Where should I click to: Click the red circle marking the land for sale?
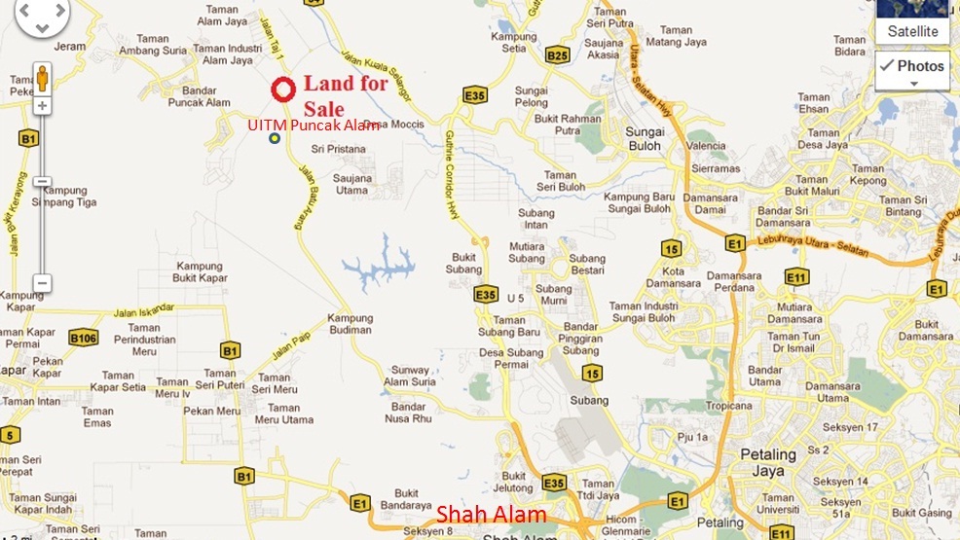click(x=282, y=90)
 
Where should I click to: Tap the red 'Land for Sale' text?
click(x=345, y=95)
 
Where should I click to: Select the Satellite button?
click(x=912, y=31)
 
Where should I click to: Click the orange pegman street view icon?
click(x=42, y=78)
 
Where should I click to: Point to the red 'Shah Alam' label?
click(x=491, y=514)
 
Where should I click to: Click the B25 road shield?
click(x=557, y=55)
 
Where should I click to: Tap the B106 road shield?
click(x=84, y=338)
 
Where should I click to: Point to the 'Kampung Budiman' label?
click(x=350, y=323)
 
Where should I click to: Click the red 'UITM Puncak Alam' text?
click(x=313, y=125)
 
